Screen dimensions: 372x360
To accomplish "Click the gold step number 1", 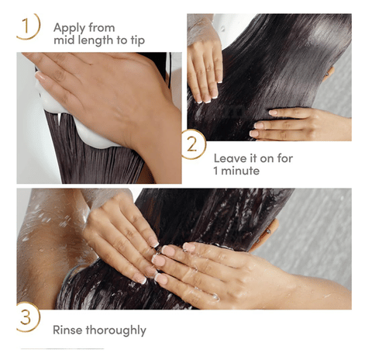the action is pos(26,26).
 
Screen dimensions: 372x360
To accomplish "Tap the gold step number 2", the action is pos(191,144).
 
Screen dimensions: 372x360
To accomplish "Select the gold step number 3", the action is pos(26,317).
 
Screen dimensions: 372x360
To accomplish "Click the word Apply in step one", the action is pos(70,29).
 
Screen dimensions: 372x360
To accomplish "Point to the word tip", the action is pos(137,40).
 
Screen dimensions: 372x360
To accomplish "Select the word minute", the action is pos(240,171).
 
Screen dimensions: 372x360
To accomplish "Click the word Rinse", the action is pos(67,330).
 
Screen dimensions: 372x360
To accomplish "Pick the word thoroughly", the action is pos(116,331).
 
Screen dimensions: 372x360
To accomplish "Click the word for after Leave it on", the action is pos(285,158).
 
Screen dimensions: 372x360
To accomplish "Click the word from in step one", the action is pos(102,28).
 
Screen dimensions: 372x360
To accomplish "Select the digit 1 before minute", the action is pos(215,171).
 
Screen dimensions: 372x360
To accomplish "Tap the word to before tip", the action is pos(122,40).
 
